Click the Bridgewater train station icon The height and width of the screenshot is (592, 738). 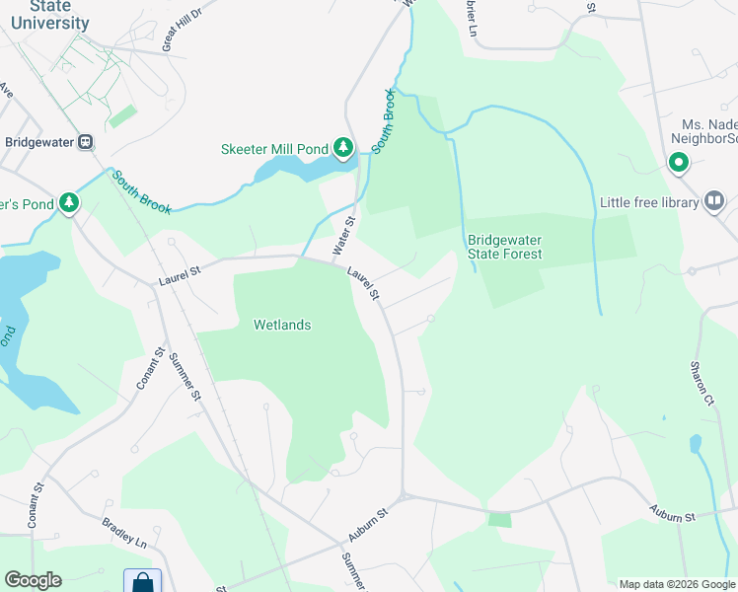[87, 142]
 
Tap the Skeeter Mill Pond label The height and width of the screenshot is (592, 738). [273, 149]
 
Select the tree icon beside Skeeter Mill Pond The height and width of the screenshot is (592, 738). [342, 149]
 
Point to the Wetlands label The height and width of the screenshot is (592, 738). [282, 325]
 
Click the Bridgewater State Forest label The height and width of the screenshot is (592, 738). [505, 247]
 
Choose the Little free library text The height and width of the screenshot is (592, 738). [648, 203]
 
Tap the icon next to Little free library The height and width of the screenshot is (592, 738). [714, 202]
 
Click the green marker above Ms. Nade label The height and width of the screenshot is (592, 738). [678, 163]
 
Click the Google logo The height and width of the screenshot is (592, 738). [33, 580]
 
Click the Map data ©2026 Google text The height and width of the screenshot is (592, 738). [677, 584]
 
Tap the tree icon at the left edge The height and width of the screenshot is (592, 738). [68, 203]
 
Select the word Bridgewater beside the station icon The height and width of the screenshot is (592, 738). [40, 142]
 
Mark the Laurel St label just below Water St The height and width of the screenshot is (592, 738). [361, 283]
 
